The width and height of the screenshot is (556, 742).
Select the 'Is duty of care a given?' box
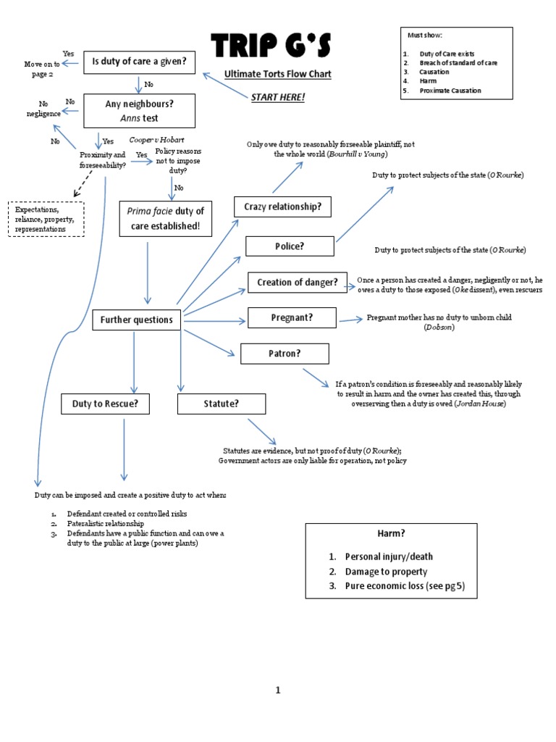coord(139,63)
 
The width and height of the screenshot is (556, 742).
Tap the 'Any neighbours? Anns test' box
coord(139,111)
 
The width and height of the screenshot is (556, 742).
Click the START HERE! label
coord(278,97)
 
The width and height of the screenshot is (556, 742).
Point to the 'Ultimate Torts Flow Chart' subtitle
coord(277,74)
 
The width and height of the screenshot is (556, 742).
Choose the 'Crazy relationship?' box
coord(282,207)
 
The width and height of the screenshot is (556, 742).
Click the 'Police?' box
coord(290,246)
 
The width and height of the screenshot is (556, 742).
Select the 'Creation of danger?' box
coord(297,283)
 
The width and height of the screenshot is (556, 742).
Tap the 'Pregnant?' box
coord(291,317)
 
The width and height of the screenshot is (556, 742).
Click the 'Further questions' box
coord(136,320)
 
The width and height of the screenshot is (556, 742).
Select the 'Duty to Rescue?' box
coord(105,404)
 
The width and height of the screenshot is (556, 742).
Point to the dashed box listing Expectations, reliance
coord(46,219)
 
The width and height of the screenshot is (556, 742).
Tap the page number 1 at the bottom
coord(277,690)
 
